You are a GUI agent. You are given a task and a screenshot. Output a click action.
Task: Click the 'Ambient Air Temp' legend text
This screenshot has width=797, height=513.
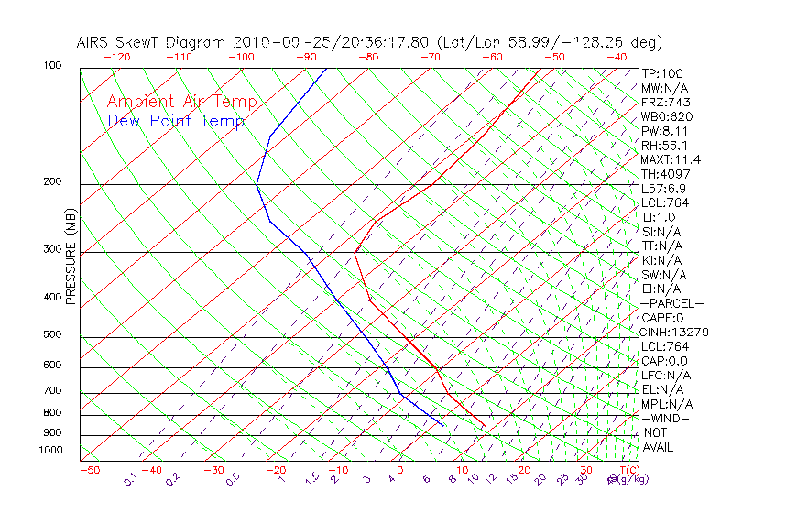[182, 102]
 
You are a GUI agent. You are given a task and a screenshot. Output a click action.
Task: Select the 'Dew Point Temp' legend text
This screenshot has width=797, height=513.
[176, 121]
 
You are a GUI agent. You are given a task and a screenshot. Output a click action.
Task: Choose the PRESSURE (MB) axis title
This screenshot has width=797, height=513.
[70, 256]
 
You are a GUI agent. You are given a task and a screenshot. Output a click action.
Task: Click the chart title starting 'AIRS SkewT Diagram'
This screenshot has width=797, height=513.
[369, 42]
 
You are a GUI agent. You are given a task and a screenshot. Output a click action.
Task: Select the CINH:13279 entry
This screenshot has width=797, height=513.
[675, 332]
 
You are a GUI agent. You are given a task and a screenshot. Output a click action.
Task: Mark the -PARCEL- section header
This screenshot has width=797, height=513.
[671, 302]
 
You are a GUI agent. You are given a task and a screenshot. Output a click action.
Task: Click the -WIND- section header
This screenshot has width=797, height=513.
[665, 418]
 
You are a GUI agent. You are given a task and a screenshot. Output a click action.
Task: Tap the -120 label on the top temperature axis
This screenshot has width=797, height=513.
[117, 57]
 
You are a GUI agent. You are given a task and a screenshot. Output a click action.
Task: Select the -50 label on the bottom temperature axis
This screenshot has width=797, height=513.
[89, 470]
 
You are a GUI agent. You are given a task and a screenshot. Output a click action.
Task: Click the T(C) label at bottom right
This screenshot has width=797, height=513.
[628, 470]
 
